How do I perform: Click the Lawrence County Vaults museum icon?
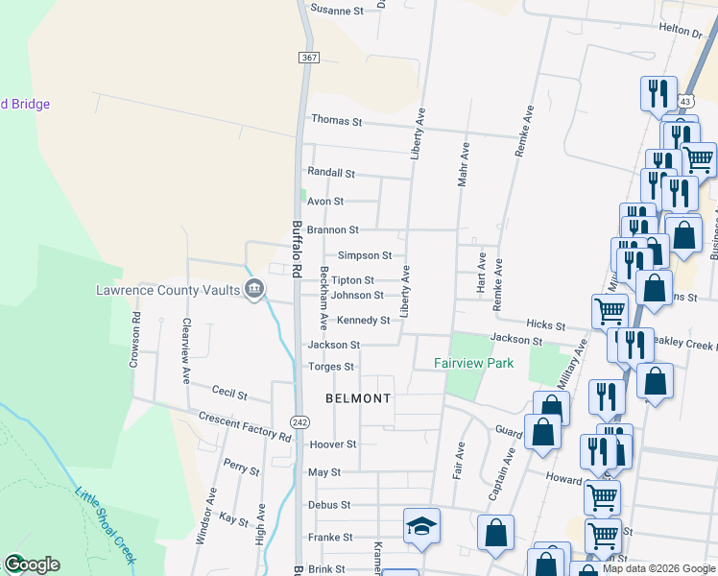(254, 288)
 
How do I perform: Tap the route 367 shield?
(308, 58)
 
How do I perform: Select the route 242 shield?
(300, 422)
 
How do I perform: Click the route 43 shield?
(684, 101)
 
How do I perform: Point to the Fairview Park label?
(474, 363)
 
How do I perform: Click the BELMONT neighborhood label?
(358, 398)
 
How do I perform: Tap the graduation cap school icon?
(421, 526)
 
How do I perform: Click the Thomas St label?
(336, 122)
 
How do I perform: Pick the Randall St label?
(331, 174)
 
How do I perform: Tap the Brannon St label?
(333, 230)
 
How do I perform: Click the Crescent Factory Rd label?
(245, 426)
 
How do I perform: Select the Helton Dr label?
(681, 31)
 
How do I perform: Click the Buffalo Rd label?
(298, 250)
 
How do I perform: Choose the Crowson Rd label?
(136, 340)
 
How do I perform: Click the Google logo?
(32, 564)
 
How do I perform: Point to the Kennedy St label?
(363, 321)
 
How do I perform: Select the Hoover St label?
(333, 444)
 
